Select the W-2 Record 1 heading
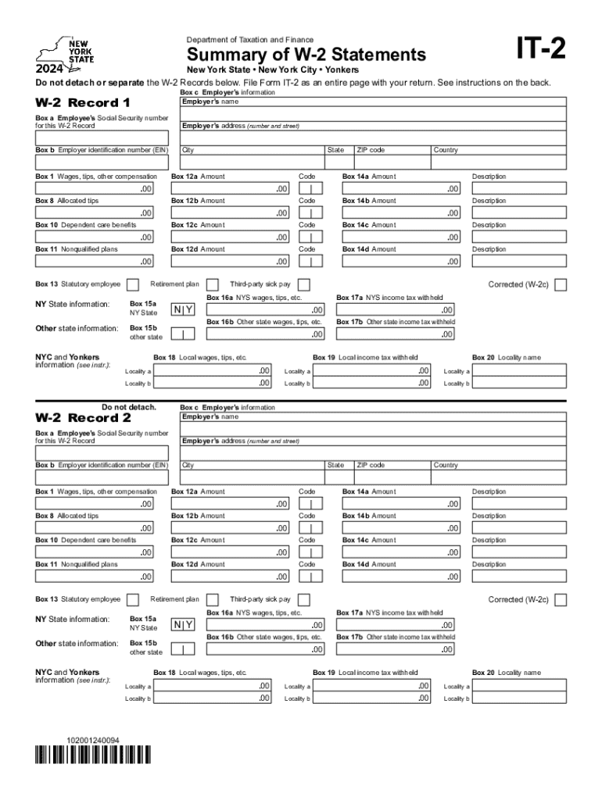pyautogui.click(x=83, y=103)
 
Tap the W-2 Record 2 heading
pyautogui.click(x=83, y=418)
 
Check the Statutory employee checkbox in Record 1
pyautogui.click(x=132, y=284)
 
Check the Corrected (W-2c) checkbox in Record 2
pyautogui.click(x=561, y=600)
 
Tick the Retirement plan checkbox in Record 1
pyautogui.click(x=212, y=284)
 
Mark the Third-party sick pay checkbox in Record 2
pyautogui.click(x=304, y=600)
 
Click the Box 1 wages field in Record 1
pyautogui.click(x=95, y=188)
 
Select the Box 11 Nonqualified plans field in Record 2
pyautogui.click(x=95, y=577)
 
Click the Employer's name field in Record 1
pyautogui.click(x=373, y=114)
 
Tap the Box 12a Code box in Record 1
pyautogui.click(x=310, y=188)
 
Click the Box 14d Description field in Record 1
pyautogui.click(x=520, y=261)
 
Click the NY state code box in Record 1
pyautogui.click(x=183, y=310)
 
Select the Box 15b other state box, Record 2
pyautogui.click(x=183, y=649)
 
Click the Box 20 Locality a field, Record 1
pyautogui.click(x=520, y=371)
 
